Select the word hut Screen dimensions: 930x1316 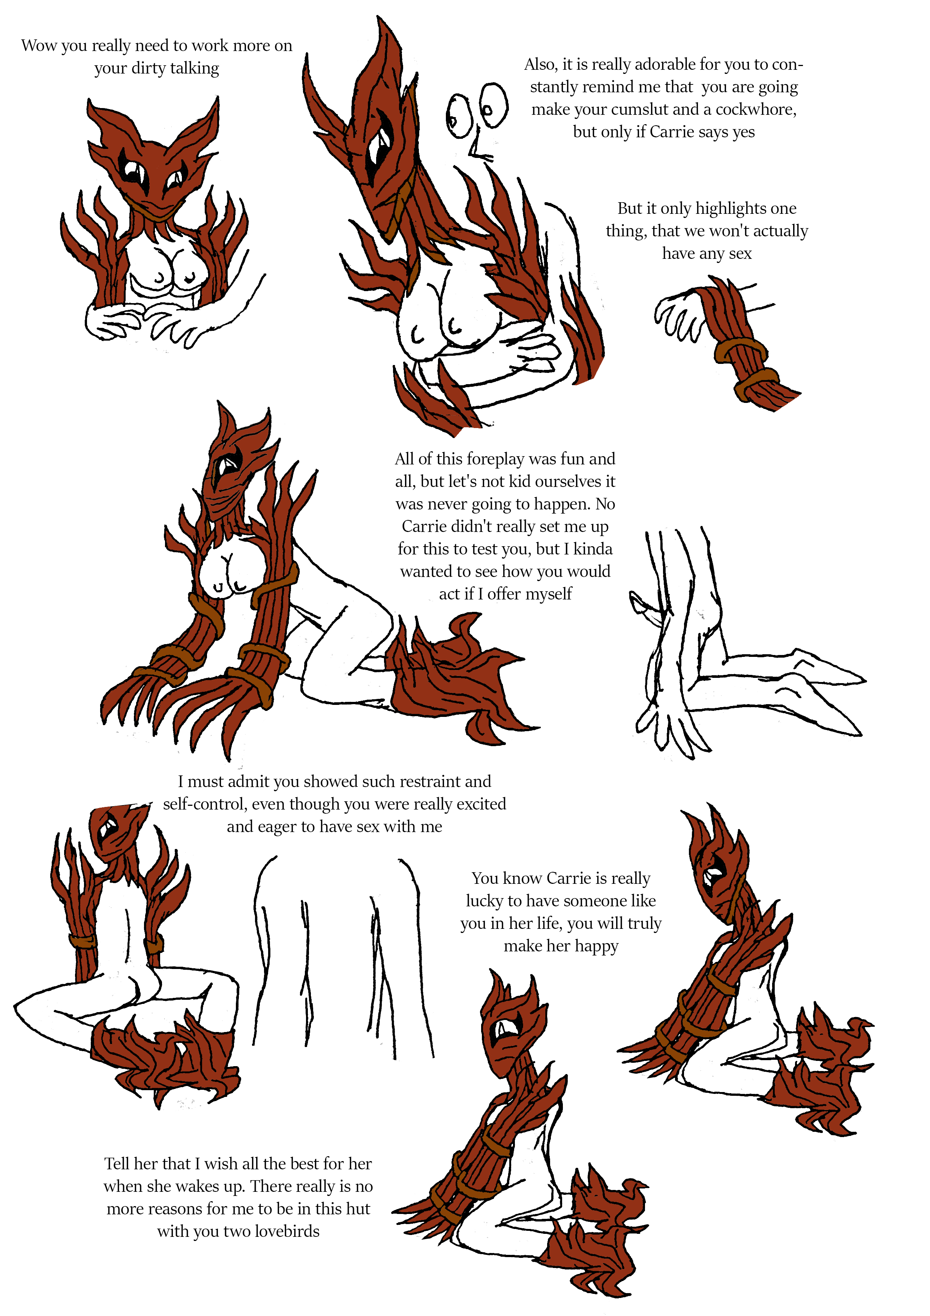tap(358, 1209)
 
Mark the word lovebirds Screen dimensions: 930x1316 tap(287, 1231)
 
